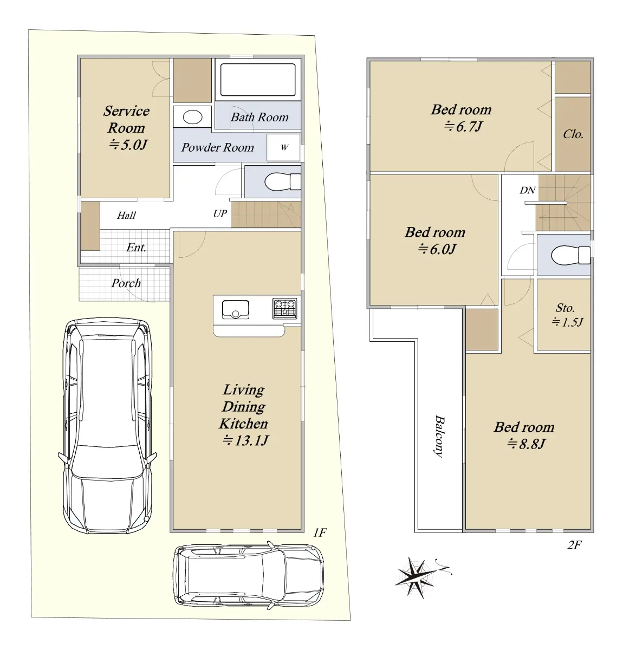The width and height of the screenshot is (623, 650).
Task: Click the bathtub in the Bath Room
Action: click(257, 80)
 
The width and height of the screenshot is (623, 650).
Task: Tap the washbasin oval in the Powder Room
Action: click(193, 117)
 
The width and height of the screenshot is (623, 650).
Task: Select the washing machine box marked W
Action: click(283, 147)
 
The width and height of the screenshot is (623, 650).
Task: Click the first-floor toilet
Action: click(283, 182)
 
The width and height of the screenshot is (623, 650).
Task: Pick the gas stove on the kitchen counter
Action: click(284, 308)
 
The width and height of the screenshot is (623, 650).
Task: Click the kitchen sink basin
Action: click(236, 310)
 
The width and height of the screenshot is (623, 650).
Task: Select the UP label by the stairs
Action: click(220, 213)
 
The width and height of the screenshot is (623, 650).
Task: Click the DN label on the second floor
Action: click(528, 190)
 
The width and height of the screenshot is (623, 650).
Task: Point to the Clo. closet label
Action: click(573, 134)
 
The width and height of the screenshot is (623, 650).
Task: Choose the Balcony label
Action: click(439, 436)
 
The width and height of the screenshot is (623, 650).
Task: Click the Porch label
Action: click(126, 283)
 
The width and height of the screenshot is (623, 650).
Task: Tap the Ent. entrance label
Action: click(137, 248)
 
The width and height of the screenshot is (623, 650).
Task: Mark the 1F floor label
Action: click(320, 532)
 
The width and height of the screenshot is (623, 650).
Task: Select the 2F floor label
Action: click(574, 545)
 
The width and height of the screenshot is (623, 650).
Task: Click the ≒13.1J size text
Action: click(245, 440)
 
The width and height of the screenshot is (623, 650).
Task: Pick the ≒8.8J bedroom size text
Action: click(526, 444)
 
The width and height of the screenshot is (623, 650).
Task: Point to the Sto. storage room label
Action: click(565, 308)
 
